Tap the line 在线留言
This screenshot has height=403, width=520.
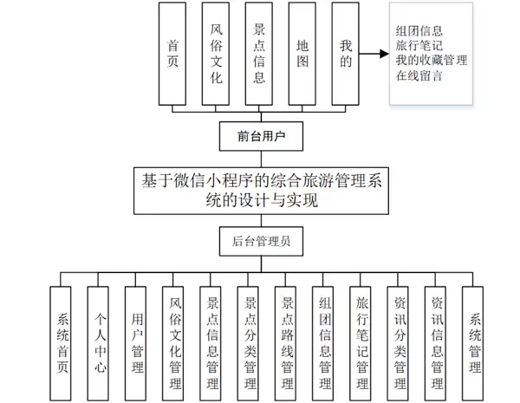click(x=420, y=75)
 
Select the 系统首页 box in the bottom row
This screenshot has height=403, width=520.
click(x=62, y=342)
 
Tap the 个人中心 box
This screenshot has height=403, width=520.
click(x=101, y=342)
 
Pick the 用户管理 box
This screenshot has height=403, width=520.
click(x=137, y=342)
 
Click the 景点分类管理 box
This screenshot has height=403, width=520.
click(x=250, y=342)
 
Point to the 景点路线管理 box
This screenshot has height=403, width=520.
click(x=287, y=342)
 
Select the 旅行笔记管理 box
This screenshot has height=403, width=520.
click(x=362, y=342)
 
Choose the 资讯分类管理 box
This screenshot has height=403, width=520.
click(x=400, y=342)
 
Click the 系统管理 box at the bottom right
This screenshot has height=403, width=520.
click(x=474, y=342)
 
